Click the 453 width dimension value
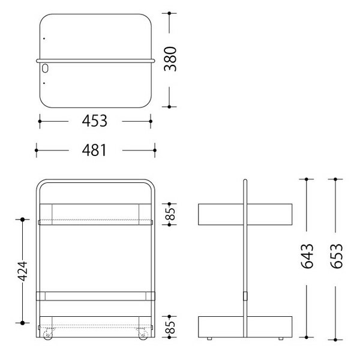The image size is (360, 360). [94, 121]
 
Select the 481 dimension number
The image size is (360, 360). [94, 150]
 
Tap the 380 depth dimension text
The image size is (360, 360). [170, 59]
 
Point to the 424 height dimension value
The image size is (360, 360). [23, 271]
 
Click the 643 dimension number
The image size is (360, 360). [307, 256]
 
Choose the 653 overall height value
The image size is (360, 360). [336, 256]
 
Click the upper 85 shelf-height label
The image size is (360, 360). [170, 214]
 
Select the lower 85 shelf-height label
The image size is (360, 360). [170, 327]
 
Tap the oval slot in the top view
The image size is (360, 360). [45, 68]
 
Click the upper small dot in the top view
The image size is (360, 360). [44, 38]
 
